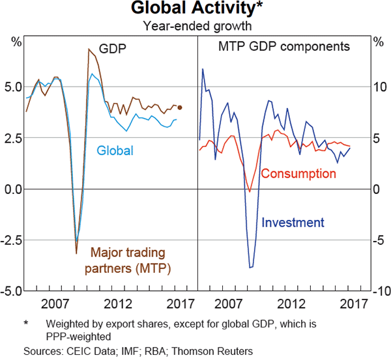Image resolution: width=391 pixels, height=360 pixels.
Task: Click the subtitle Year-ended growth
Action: click(x=196, y=26)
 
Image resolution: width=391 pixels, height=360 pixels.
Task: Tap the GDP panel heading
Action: click(x=112, y=48)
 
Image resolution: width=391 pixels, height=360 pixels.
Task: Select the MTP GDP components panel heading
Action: click(x=284, y=47)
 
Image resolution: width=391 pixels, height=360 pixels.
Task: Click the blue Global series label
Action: click(x=115, y=151)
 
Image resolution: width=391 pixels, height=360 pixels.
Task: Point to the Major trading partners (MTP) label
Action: click(x=128, y=260)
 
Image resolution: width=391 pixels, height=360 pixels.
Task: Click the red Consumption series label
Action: click(x=298, y=174)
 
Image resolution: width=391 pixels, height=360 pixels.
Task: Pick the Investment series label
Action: click(x=293, y=223)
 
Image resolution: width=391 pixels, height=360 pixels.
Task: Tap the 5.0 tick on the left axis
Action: click(x=13, y=87)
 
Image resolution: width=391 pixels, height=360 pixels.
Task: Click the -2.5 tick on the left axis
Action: click(x=12, y=240)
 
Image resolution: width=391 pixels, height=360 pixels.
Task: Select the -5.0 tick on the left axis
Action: click(x=12, y=290)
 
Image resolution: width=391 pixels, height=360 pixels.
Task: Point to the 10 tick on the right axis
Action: click(x=378, y=87)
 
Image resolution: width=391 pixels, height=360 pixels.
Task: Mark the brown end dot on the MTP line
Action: click(x=180, y=108)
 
